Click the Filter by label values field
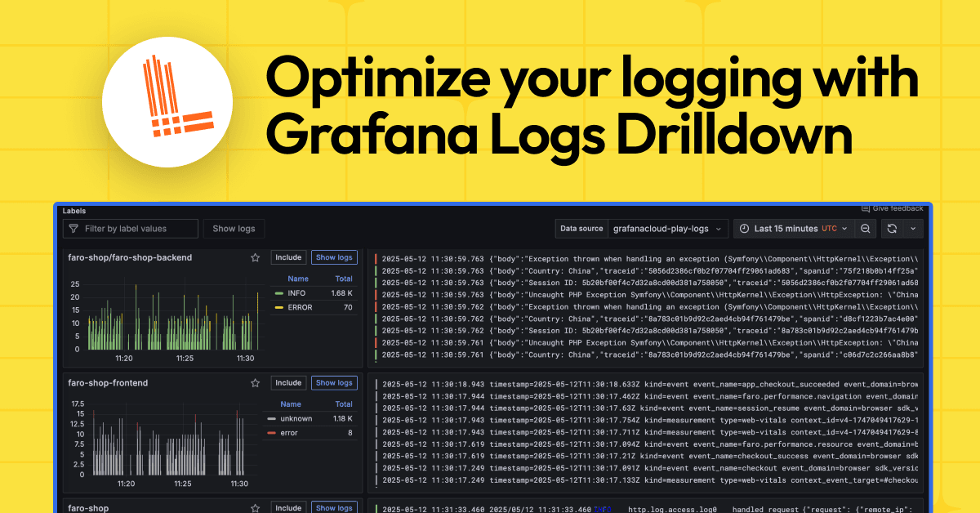pyautogui.click(x=131, y=229)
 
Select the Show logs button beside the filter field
pyautogui.click(x=234, y=229)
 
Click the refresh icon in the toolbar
pyautogui.click(x=892, y=229)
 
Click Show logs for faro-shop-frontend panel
pyautogui.click(x=334, y=382)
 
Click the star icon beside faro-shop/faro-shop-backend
pyautogui.click(x=256, y=257)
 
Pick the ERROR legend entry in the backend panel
pyautogui.click(x=299, y=307)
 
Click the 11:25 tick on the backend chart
pyautogui.click(x=184, y=358)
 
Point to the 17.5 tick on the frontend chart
pyautogui.click(x=78, y=404)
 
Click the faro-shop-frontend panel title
pyautogui.click(x=108, y=382)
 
